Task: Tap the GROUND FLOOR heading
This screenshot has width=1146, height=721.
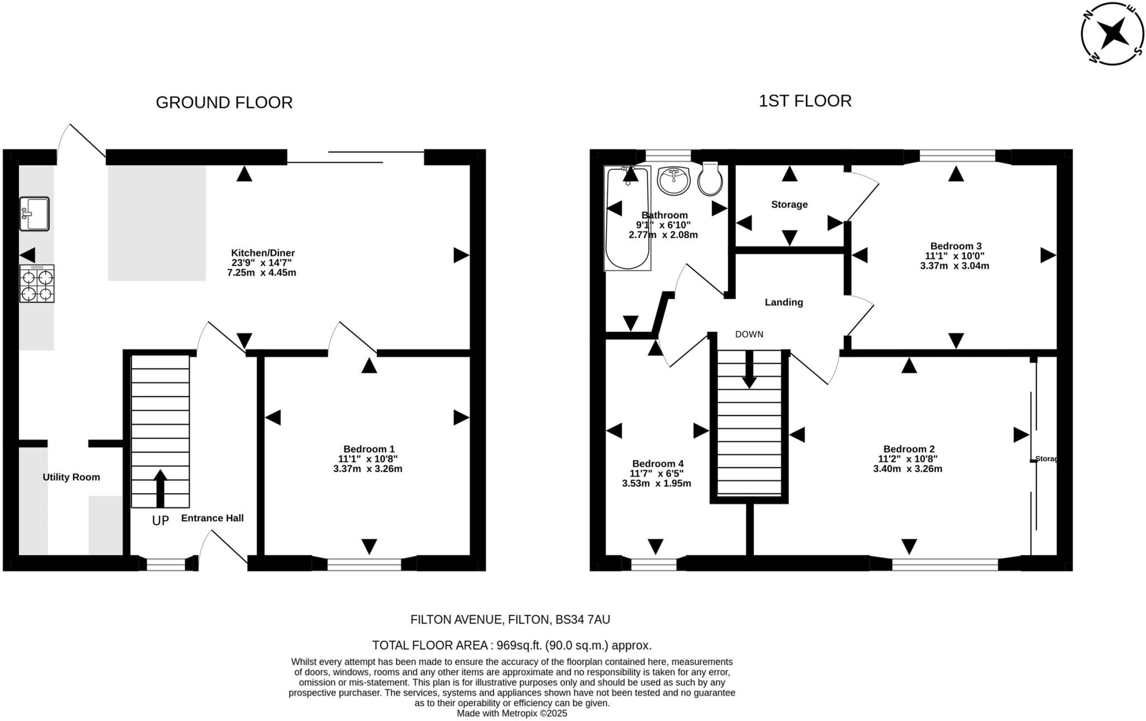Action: [224, 103]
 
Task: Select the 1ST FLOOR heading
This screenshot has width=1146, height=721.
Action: [805, 101]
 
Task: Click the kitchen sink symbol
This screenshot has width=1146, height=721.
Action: [34, 214]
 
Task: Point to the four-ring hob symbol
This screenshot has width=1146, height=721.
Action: [37, 284]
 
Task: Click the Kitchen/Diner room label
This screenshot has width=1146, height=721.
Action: [263, 253]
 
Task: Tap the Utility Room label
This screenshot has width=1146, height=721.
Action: [72, 477]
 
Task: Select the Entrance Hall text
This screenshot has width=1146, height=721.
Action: [212, 518]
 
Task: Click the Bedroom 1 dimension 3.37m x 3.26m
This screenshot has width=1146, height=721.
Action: [368, 469]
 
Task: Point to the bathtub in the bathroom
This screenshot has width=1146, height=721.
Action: [627, 218]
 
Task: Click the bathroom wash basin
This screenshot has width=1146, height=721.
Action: [674, 180]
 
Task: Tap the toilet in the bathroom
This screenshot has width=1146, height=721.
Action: [710, 179]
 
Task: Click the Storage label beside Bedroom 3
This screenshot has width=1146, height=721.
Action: [789, 205]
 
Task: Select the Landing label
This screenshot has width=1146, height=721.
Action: [783, 302]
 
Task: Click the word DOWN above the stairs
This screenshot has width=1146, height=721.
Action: [749, 334]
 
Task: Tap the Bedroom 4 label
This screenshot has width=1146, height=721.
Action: [657, 464]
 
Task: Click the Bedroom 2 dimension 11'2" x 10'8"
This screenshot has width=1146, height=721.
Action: [908, 459]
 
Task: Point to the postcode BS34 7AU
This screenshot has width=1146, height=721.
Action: [582, 620]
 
